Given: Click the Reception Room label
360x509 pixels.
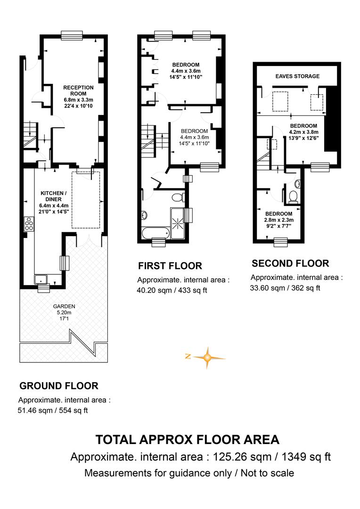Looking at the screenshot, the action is [78, 90].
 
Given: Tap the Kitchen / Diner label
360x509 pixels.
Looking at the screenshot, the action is [54, 196].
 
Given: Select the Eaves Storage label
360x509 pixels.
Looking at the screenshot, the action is [297, 76].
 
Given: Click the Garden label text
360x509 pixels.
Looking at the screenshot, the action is [64, 306].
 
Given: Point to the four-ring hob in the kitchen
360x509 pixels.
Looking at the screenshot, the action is [29, 223].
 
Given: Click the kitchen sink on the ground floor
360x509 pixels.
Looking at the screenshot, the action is [41, 279].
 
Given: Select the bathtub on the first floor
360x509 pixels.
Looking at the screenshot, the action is [155, 232].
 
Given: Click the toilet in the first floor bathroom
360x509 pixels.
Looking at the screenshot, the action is [178, 197].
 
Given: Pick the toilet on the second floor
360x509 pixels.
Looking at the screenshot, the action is [294, 197].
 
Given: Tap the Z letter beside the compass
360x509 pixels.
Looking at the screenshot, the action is [188, 356].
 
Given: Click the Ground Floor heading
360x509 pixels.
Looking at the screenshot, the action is [59, 386].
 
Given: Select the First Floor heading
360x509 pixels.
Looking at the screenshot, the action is [170, 266].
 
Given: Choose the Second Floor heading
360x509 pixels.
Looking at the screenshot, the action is [290, 263].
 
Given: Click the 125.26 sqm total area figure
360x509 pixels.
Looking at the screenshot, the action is [242, 457].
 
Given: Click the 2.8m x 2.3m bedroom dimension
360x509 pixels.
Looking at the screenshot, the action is [279, 220].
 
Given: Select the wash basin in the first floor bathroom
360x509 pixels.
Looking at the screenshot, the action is [144, 214].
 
